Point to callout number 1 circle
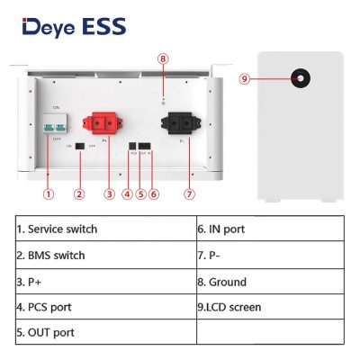pyautogui.click(x=49, y=193)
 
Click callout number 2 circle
pyautogui.click(x=79, y=193)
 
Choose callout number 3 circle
pyautogui.click(x=109, y=193)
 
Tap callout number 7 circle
pyautogui.click(x=187, y=193)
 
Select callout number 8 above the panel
pyautogui.click(x=162, y=59)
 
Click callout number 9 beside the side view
pyautogui.click(x=245, y=78)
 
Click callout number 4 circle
pyautogui.click(x=127, y=193)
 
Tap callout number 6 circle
pyautogui.click(x=154, y=193)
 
